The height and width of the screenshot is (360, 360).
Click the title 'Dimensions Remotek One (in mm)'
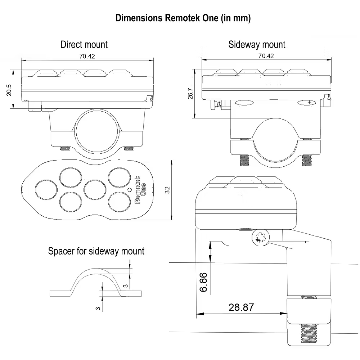[183, 18]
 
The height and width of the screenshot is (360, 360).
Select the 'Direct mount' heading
[84, 45]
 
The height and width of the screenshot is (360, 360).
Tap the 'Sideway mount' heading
[257, 45]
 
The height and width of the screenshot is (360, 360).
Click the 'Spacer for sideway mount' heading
[96, 251]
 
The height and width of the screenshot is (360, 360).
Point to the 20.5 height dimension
[9, 90]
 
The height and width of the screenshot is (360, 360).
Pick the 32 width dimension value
[167, 190]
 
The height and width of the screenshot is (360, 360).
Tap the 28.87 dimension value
[241, 307]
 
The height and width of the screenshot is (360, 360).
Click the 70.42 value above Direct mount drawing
[87, 56]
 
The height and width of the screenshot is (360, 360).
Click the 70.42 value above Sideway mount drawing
[266, 56]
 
